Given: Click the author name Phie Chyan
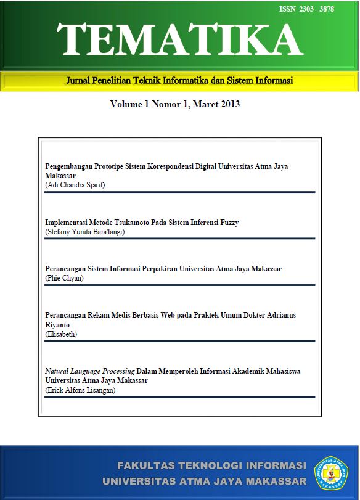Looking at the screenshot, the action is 65,278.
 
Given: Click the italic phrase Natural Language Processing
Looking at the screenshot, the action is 90,371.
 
